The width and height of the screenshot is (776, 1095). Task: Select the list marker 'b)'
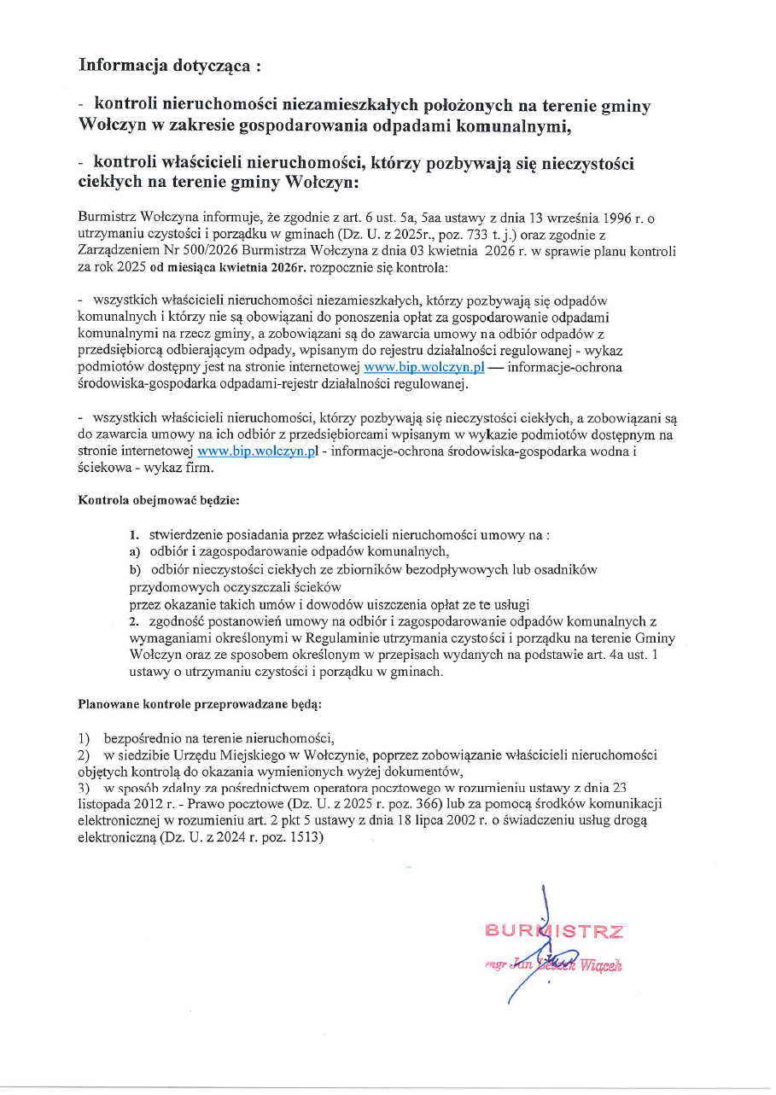[x=135, y=569]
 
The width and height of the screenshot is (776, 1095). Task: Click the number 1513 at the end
[x=306, y=838]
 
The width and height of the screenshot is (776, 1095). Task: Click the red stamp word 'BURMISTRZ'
[x=553, y=931]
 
